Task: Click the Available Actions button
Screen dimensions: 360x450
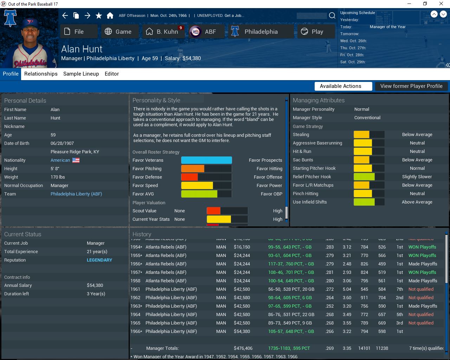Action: (340, 86)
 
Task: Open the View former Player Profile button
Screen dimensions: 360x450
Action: (411, 86)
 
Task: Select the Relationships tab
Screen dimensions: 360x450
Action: (41, 74)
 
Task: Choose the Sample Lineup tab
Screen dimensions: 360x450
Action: (81, 74)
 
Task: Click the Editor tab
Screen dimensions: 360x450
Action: (112, 74)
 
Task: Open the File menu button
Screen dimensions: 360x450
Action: (79, 32)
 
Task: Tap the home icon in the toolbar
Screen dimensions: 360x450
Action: (110, 15)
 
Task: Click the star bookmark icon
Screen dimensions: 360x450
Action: (99, 15)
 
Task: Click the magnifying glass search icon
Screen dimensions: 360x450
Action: (332, 15)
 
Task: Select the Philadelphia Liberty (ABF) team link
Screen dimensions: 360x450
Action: (76, 194)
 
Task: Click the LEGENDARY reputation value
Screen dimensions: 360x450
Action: (99, 260)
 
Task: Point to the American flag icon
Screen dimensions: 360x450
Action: (76, 160)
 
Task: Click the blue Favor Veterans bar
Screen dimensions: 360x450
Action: (206, 160)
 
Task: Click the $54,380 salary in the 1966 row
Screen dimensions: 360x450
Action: (242, 332)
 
